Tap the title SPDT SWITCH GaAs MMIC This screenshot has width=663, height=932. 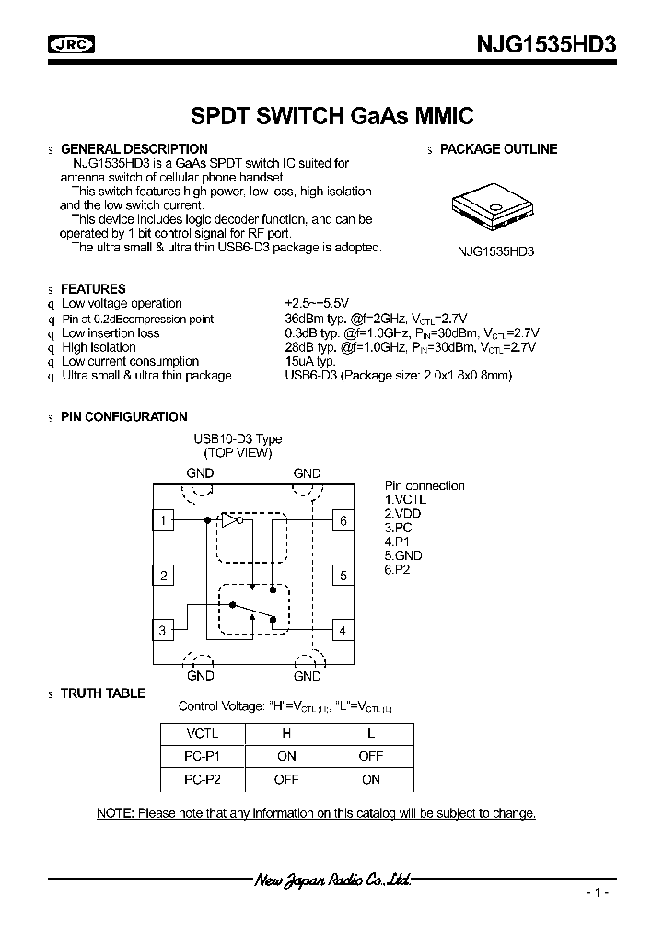point(331,117)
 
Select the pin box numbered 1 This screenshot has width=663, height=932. point(163,521)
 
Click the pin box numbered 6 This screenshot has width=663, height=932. point(343,521)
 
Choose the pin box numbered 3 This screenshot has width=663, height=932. point(163,631)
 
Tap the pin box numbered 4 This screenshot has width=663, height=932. point(343,631)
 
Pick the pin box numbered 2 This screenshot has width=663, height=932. point(163,577)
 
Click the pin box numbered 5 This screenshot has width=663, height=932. point(343,577)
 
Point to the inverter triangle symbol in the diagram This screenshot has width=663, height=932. point(231,520)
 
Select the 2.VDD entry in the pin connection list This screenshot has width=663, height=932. point(403,514)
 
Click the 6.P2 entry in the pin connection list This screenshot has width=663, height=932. point(398,570)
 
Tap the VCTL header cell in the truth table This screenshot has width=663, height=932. point(202,733)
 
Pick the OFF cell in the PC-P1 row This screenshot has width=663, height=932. point(371,756)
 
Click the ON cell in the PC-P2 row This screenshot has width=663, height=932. point(371,779)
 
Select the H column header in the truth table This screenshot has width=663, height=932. point(286,733)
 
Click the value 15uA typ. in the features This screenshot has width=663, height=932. point(310,361)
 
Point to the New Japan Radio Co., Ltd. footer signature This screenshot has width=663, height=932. point(331,880)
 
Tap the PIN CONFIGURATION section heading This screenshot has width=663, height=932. point(123,417)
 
